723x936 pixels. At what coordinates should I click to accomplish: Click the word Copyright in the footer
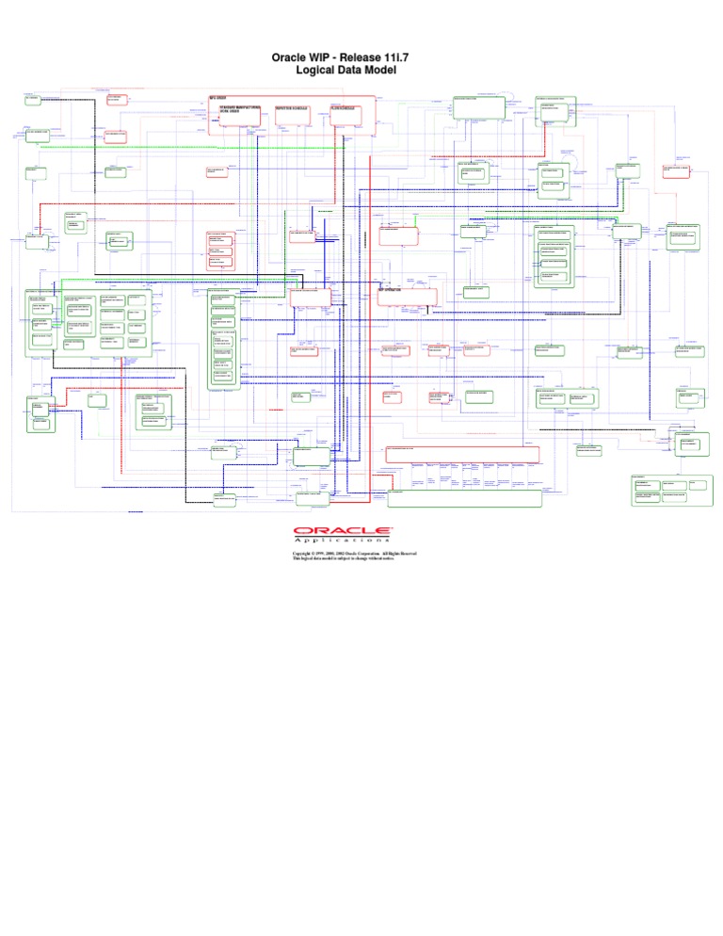[308, 554]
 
